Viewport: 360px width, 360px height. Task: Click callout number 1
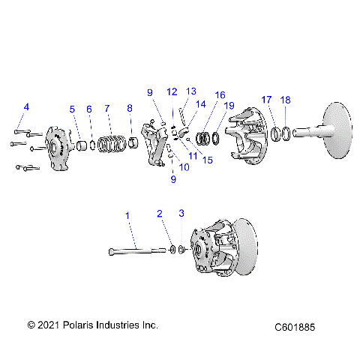pos(127,216)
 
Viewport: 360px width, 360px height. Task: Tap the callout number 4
pos(25,107)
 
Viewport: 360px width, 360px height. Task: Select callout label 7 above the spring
pos(107,109)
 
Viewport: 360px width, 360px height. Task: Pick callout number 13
pos(191,91)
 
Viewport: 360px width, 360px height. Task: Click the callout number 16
pos(220,95)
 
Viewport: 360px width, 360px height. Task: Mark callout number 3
pos(181,214)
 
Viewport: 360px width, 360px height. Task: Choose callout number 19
pos(230,106)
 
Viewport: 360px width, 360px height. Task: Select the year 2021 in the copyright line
pos(49,325)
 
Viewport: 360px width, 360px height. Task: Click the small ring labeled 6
pos(92,142)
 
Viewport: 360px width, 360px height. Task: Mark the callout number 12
pos(172,91)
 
